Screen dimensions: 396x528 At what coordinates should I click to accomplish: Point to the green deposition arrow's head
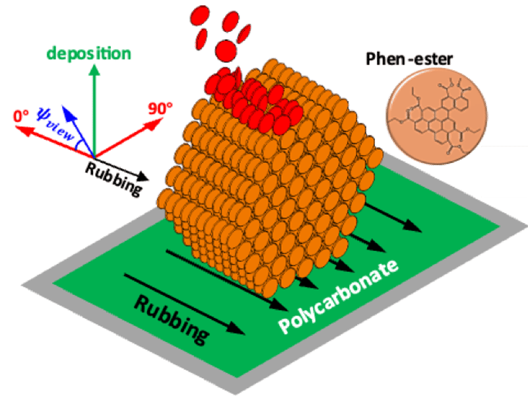click(96, 69)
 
